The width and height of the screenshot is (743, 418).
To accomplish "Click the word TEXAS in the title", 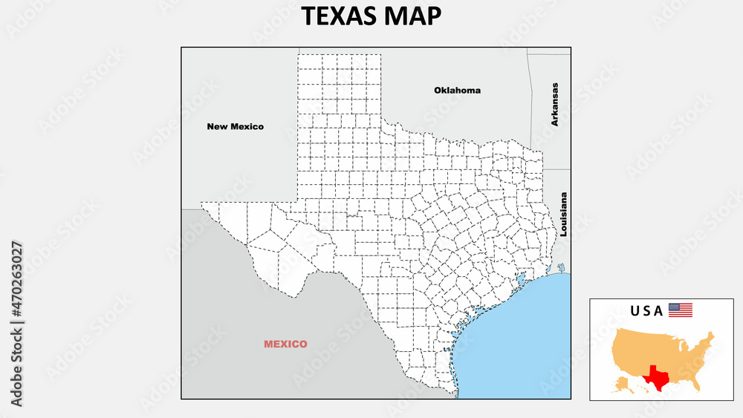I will click(x=336, y=16).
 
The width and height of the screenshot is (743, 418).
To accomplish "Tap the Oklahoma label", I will click(x=457, y=91).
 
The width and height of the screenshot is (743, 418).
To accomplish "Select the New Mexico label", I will click(x=235, y=126).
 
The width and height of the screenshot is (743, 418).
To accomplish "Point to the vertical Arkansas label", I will click(x=554, y=104).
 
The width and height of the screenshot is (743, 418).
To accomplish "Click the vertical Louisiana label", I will click(x=564, y=215).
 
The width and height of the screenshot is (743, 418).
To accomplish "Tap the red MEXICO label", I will click(x=285, y=344).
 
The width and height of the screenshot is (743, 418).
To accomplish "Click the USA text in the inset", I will click(x=646, y=311).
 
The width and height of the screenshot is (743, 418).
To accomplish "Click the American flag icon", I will click(x=680, y=310).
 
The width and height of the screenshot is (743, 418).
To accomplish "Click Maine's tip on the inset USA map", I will click(x=712, y=336).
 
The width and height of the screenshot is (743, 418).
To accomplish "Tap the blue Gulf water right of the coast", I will click(x=520, y=334).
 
